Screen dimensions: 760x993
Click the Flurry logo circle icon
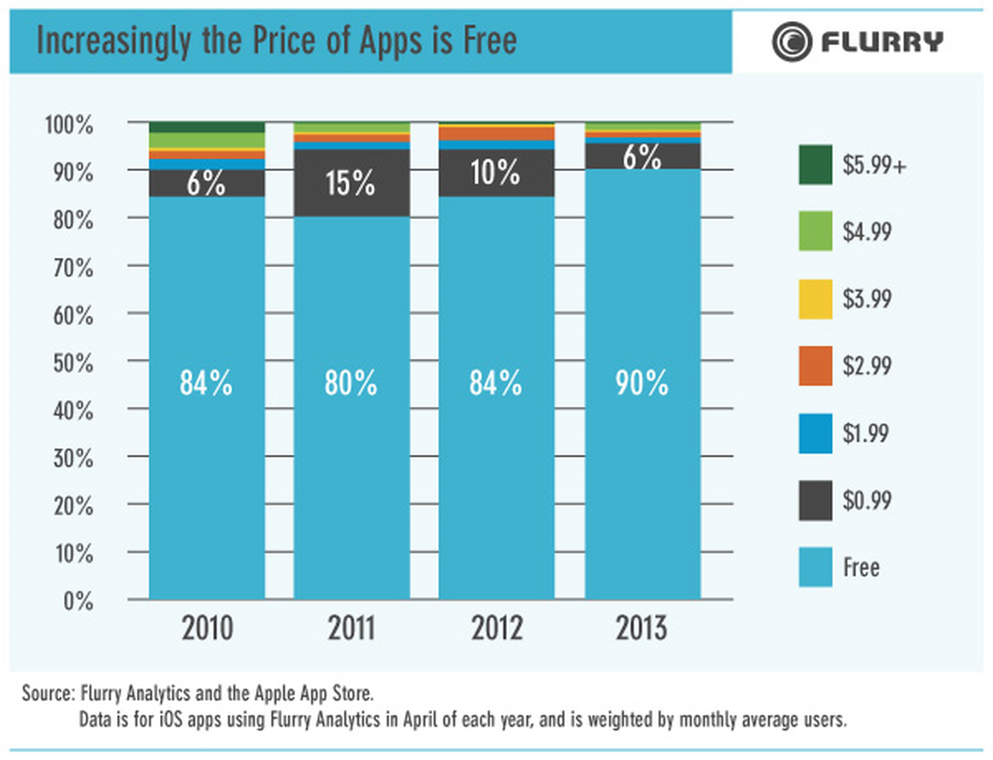(x=791, y=42)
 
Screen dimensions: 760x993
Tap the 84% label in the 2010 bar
(x=205, y=382)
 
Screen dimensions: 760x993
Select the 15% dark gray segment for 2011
(x=351, y=183)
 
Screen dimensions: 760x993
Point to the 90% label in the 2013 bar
(x=642, y=382)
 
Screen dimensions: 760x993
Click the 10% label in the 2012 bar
(x=495, y=173)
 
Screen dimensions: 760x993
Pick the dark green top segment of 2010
(x=207, y=127)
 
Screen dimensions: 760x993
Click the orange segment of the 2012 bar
(x=496, y=133)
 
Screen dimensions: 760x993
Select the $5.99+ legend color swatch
(x=815, y=165)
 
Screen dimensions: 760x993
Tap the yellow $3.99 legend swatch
(x=815, y=299)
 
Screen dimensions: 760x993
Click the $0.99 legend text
(x=866, y=500)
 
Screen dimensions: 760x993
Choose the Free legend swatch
(x=815, y=567)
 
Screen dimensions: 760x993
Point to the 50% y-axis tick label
(x=73, y=363)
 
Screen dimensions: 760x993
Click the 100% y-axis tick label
(x=69, y=125)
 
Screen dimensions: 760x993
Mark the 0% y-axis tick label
(x=78, y=601)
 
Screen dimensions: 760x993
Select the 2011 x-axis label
(x=351, y=628)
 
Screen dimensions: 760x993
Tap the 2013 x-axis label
(x=641, y=628)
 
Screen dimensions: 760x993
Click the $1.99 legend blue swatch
(x=815, y=433)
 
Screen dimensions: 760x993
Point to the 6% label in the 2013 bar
(x=642, y=157)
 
